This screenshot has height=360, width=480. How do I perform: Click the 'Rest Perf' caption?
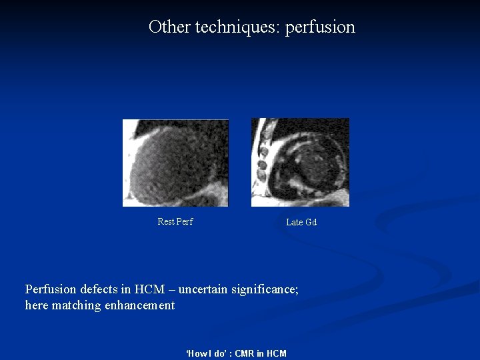tap(175, 222)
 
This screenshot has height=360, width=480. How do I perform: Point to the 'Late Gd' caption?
tap(301, 222)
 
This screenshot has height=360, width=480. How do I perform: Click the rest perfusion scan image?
tap(175, 163)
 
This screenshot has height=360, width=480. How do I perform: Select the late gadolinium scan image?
tap(300, 163)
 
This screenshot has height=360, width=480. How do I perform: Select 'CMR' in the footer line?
tap(245, 353)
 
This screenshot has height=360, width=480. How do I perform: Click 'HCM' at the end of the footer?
tap(275, 353)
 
